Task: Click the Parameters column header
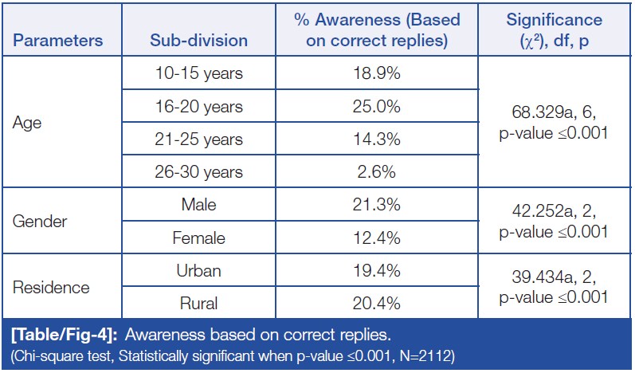tap(57, 40)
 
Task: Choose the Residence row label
tap(50, 287)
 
